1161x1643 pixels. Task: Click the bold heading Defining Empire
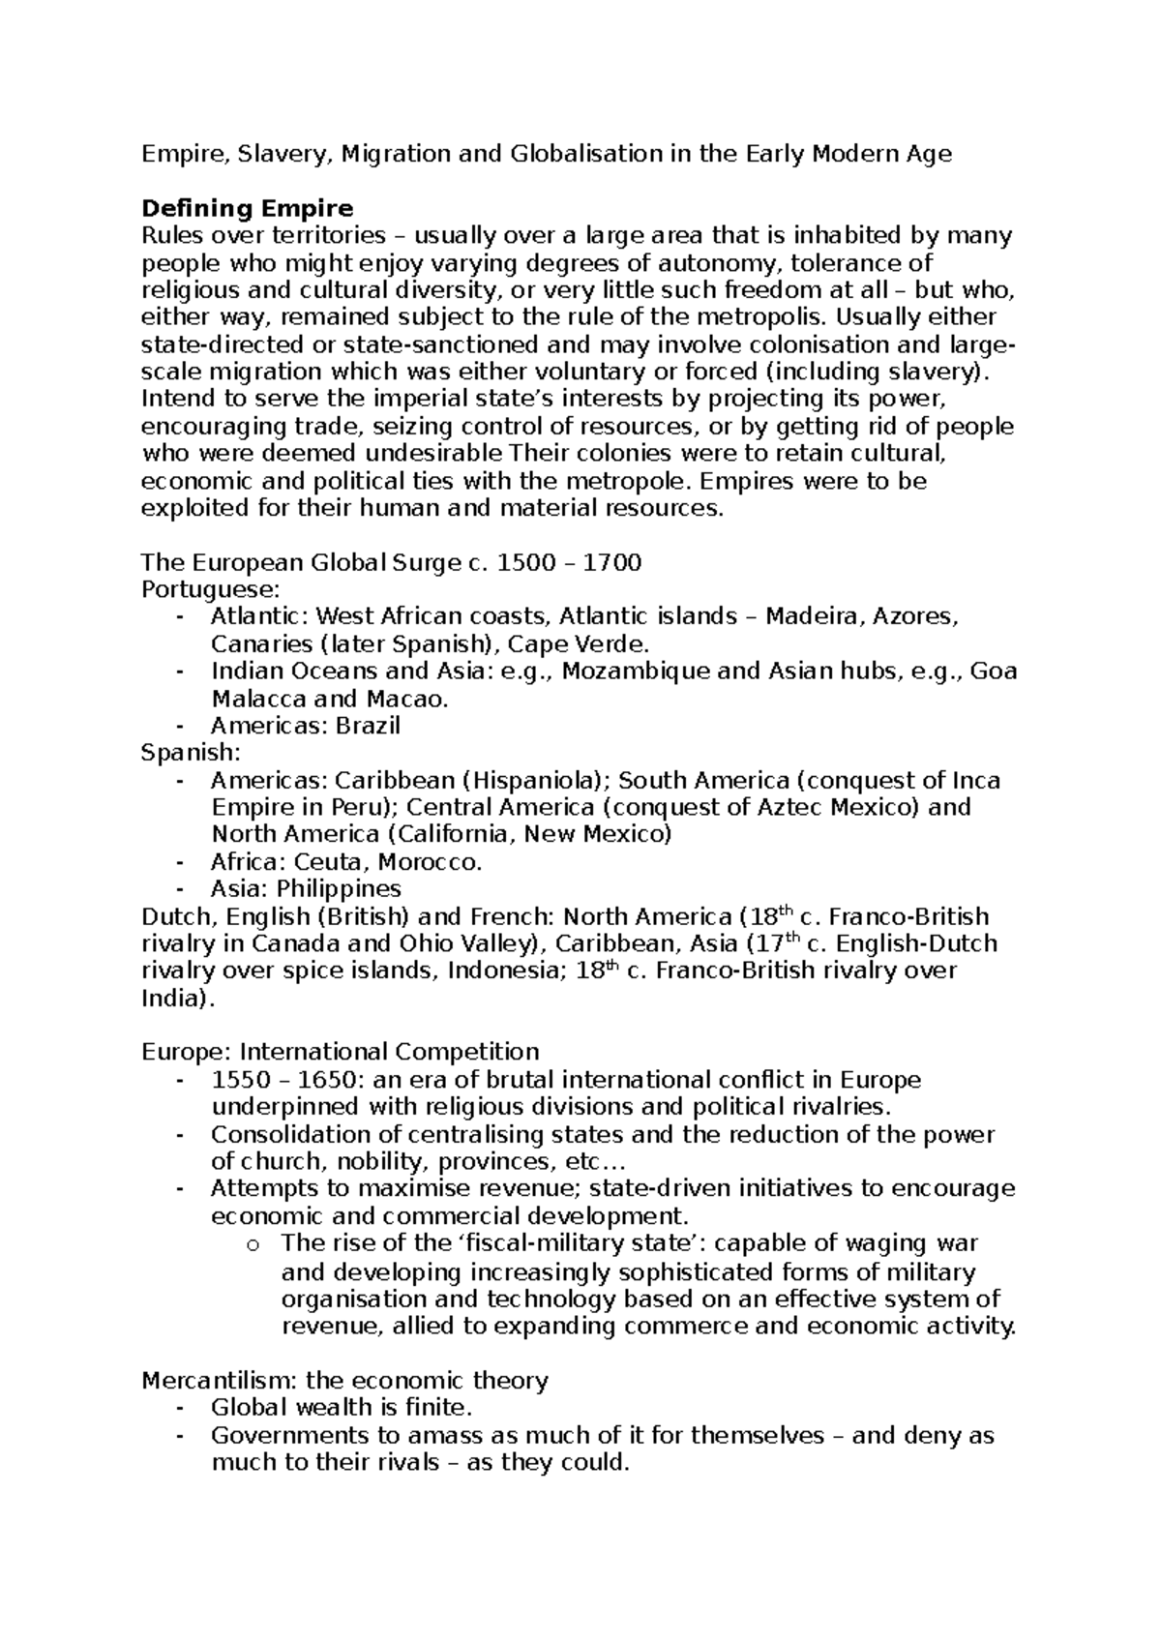[247, 208]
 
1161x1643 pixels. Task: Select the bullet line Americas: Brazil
[305, 726]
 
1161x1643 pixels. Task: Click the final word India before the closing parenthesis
[169, 998]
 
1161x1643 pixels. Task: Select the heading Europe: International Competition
[340, 1052]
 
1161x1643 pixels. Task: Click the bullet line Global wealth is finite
[341, 1407]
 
